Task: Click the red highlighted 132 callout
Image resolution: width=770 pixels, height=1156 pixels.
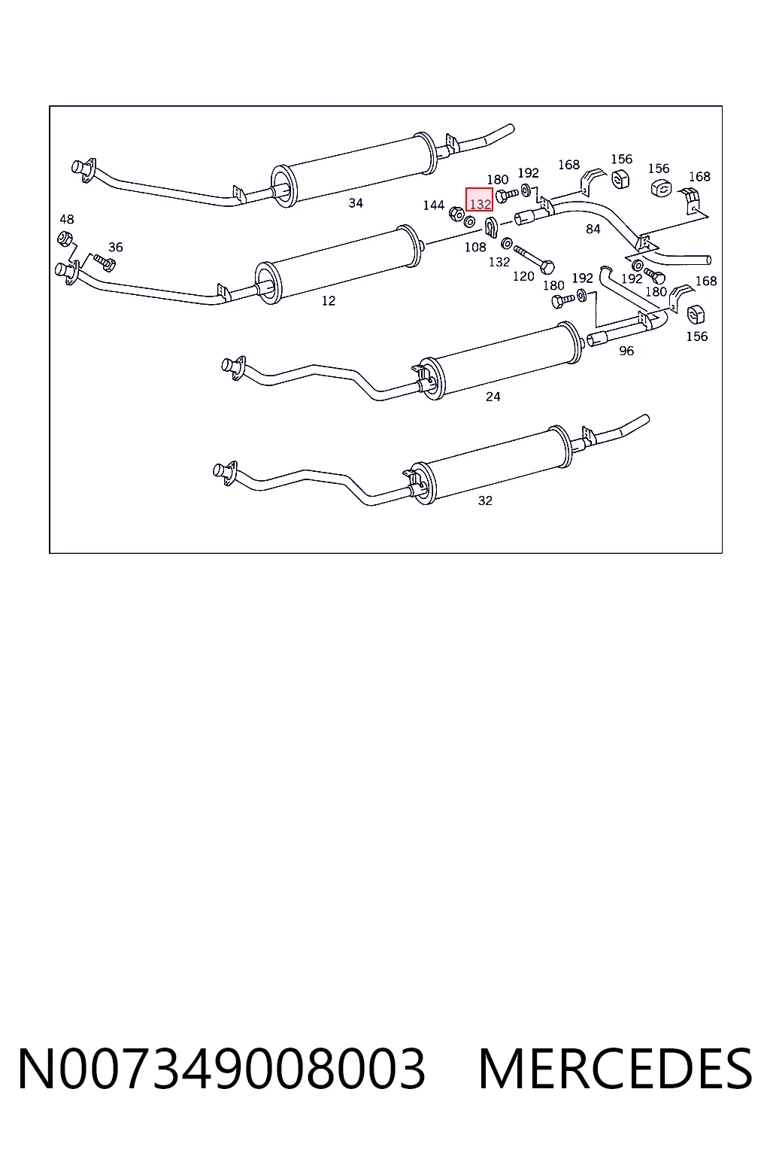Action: tap(479, 199)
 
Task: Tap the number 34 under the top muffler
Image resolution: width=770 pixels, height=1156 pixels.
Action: tap(356, 203)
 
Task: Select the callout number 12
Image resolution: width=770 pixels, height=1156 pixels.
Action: tap(329, 301)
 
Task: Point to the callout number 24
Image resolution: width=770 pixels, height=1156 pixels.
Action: tap(493, 397)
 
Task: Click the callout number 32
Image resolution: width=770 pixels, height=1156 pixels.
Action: tap(485, 501)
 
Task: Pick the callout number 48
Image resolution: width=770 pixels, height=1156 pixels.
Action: tap(66, 219)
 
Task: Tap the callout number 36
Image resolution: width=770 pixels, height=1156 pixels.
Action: tap(116, 248)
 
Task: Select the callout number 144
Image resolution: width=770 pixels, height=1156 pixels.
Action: tap(433, 205)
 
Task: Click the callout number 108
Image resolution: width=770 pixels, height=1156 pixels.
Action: tap(475, 248)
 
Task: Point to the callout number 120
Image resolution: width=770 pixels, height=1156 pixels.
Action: tap(523, 277)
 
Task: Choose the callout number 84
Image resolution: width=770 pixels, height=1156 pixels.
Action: tap(593, 229)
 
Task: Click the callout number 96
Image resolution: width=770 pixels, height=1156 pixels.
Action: tap(626, 351)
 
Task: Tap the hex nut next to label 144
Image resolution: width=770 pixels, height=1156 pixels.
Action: tap(456, 214)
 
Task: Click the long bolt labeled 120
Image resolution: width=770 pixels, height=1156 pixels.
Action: tap(534, 260)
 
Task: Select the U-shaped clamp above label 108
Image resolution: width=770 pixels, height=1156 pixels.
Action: tap(492, 227)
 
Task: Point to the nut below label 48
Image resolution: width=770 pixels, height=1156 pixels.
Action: tap(65, 239)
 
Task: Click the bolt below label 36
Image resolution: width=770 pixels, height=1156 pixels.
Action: tap(105, 263)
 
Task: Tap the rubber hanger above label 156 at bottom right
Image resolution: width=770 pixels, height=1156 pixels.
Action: tap(696, 315)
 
